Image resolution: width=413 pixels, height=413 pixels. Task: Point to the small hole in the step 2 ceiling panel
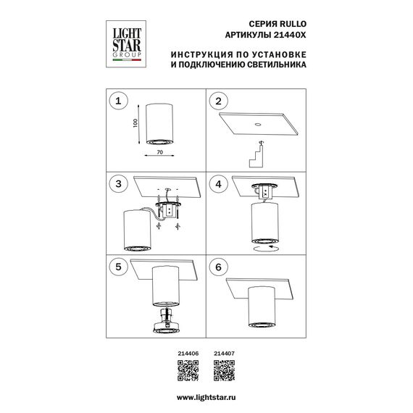pos(258,126)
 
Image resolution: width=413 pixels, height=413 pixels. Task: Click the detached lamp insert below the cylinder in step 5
pos(164,324)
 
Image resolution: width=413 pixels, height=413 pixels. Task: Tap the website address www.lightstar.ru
pos(206,400)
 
